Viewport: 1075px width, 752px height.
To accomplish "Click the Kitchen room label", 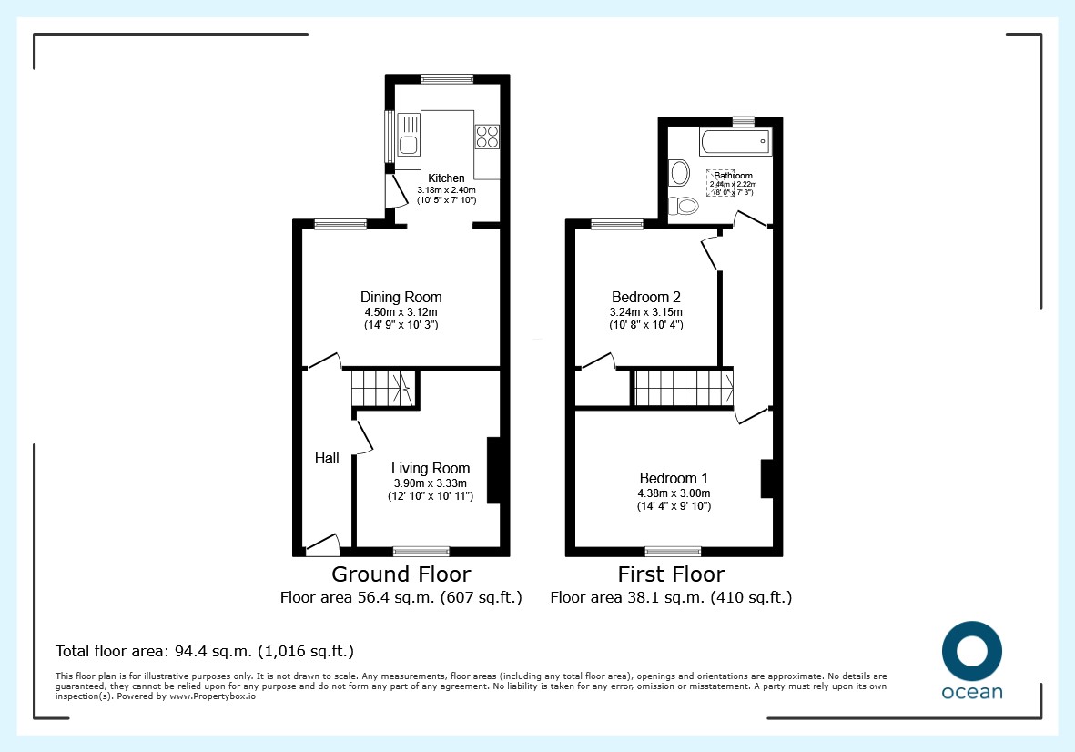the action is click(x=446, y=178).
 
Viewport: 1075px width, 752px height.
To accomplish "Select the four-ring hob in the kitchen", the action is click(x=488, y=137).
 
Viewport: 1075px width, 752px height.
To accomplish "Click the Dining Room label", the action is click(x=401, y=297).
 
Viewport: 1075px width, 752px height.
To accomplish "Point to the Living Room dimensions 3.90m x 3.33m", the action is click(x=430, y=483).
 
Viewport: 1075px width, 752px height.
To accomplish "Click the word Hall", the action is click(x=327, y=458).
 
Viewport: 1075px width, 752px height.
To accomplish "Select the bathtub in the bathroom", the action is click(x=735, y=142).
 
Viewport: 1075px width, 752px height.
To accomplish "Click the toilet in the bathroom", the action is click(x=684, y=205).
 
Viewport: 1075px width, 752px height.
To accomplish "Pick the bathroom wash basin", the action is click(x=679, y=173).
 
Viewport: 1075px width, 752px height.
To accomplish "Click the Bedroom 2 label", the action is click(x=646, y=297).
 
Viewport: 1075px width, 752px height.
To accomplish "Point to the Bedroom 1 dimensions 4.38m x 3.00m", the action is click(x=674, y=493).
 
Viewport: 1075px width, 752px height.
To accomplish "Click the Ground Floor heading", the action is click(x=401, y=574).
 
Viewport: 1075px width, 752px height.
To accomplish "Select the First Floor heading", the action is click(x=671, y=574).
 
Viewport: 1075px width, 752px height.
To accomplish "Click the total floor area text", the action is click(x=204, y=651).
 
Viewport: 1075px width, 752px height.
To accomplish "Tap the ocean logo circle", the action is click(x=972, y=651).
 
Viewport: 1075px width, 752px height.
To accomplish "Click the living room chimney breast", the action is click(x=493, y=471).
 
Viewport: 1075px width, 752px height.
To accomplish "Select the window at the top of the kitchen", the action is click(x=447, y=79).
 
